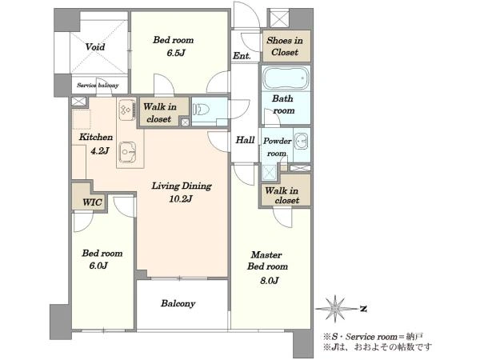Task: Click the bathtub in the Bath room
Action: pos(286,78)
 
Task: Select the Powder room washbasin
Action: pos(302,142)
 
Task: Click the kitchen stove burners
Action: pos(126,110)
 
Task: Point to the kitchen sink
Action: pos(127,152)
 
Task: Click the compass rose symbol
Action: pos(336,308)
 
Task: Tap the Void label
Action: pos(95,47)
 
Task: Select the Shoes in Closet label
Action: pos(285,46)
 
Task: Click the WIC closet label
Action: pos(92,202)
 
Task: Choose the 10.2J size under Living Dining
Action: pos(181,199)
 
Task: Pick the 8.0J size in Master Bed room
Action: pos(269,281)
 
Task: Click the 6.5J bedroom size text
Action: pos(176,54)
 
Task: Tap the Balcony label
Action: pos(178,303)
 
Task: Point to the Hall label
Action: pos(245,140)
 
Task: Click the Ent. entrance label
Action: pos(242,56)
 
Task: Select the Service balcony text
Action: pos(98,85)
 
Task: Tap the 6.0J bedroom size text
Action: pos(98,266)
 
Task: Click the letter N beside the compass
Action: pos(363,309)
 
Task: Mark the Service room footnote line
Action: pos(373,337)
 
